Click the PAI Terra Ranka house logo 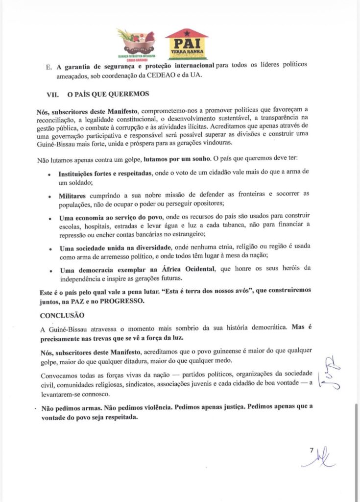pos(187,44)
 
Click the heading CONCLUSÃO pos(62,315)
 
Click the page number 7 pos(312,450)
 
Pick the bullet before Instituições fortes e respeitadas pos(49,174)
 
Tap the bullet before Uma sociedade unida pos(49,249)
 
